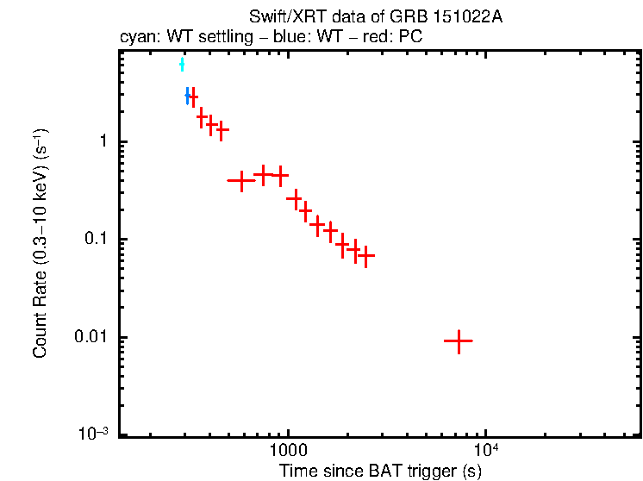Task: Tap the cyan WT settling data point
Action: click(x=182, y=65)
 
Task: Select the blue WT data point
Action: click(x=187, y=97)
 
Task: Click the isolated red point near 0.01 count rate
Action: click(x=458, y=340)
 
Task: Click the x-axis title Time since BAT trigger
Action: click(x=380, y=472)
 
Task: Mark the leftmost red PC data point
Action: click(x=192, y=97)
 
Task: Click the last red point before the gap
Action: click(x=365, y=256)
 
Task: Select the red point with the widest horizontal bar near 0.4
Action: click(x=240, y=180)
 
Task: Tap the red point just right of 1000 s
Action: click(x=295, y=199)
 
